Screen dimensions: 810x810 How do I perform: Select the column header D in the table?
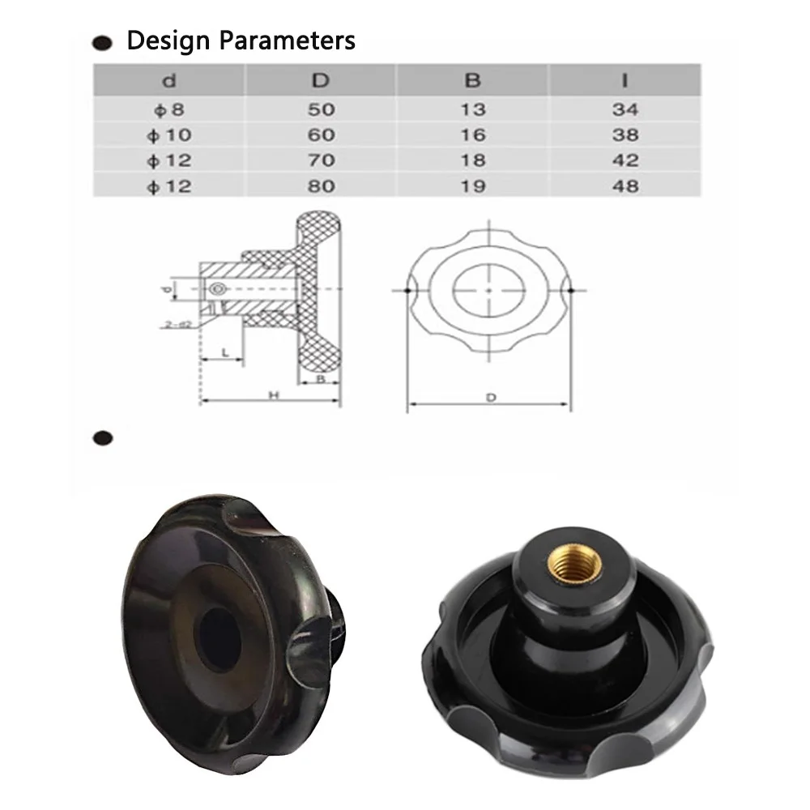point(321,81)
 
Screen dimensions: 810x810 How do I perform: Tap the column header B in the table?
point(473,81)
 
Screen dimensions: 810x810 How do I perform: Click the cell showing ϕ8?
point(169,109)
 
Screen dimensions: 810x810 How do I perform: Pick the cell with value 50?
point(321,109)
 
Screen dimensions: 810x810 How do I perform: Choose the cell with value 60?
point(321,134)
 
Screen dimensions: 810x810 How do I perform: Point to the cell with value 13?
point(473,109)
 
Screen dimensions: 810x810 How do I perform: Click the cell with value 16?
point(473,134)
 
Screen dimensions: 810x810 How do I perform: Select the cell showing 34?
point(625,109)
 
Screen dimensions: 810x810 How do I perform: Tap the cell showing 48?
point(625,185)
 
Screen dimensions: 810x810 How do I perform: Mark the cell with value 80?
point(321,185)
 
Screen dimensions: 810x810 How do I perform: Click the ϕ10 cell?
point(169,134)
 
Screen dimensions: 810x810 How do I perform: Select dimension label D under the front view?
point(490,397)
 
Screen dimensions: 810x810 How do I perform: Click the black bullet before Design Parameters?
point(103,42)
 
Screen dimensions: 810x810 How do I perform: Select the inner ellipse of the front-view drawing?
point(488,290)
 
